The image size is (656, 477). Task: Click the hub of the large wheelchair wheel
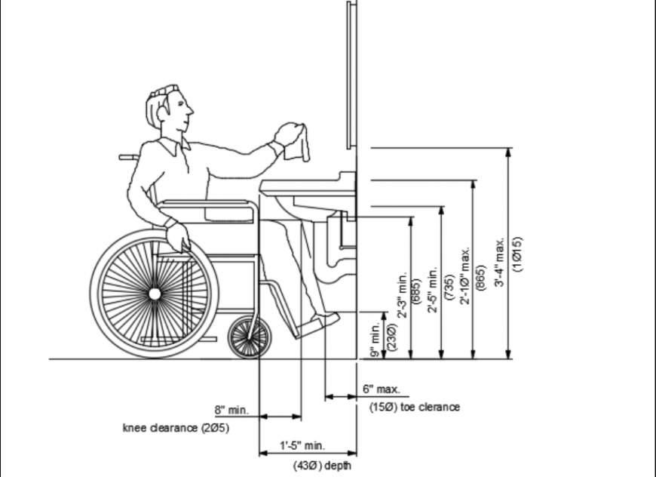tap(155, 292)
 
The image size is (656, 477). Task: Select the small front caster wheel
tap(249, 337)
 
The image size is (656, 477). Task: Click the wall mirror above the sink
tap(349, 75)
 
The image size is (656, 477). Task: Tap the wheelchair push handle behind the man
tap(128, 158)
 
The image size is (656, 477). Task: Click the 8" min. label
tap(230, 411)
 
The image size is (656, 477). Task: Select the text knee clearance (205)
tap(176, 428)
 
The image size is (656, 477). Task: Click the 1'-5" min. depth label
tap(302, 446)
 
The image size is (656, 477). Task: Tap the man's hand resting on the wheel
tap(178, 236)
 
